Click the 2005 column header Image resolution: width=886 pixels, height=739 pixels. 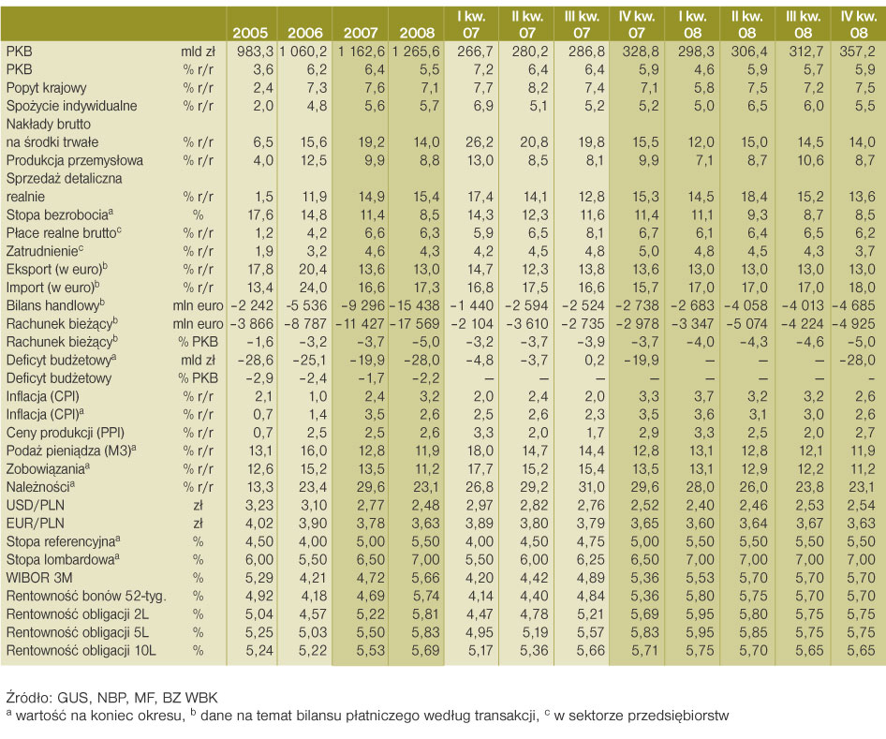coord(250,34)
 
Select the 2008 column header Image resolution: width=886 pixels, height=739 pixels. coord(418,34)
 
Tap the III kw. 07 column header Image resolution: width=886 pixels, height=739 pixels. coord(582,25)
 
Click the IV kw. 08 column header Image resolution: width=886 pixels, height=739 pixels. coord(859,25)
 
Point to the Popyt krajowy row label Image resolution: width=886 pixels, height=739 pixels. coord(46,88)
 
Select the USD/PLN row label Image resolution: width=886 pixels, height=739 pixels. coord(35,506)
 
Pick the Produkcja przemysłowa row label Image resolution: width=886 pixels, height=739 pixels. coord(75,160)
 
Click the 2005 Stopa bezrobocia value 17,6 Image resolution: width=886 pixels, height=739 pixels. coord(260,215)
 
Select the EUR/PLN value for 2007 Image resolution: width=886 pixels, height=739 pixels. coord(371,524)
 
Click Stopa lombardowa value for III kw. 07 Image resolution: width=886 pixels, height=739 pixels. coord(590,560)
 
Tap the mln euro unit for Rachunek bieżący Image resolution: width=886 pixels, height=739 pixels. coord(198,324)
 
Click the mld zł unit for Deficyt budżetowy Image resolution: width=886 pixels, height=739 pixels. coord(198,361)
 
